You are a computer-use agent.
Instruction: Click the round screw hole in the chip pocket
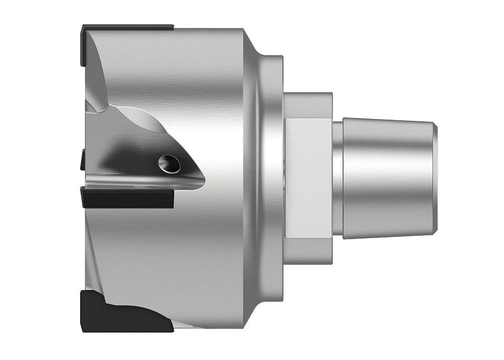click(x=169, y=162)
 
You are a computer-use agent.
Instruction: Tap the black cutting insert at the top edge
click(x=130, y=28)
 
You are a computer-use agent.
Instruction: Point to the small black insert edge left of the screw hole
click(x=82, y=159)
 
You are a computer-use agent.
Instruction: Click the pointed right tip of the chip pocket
click(x=203, y=179)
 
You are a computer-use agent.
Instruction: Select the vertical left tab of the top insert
click(x=83, y=45)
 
